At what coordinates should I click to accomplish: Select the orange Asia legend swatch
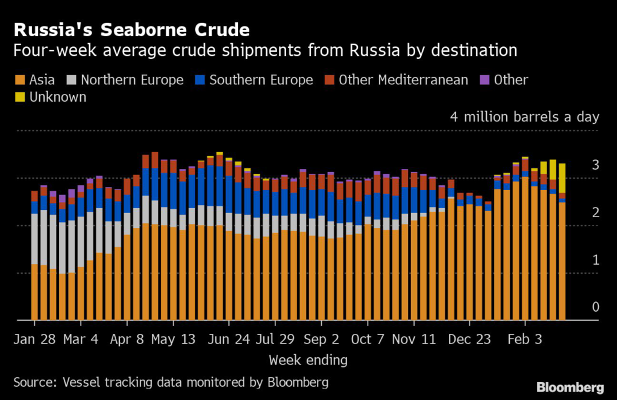click(18, 80)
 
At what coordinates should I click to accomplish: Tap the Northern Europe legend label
click(132, 80)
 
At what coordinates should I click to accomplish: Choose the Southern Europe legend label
click(261, 80)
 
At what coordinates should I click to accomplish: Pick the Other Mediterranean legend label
click(403, 80)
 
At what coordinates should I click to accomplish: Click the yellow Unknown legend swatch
click(18, 97)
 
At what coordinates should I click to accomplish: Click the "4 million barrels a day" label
click(524, 116)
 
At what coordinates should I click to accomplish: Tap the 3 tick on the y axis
click(595, 165)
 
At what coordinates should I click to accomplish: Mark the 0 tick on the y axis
click(595, 307)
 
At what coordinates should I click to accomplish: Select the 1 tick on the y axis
click(595, 260)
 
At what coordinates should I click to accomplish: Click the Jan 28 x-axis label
click(35, 340)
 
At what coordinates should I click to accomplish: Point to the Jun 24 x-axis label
click(228, 340)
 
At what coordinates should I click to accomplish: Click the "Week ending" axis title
click(308, 360)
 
